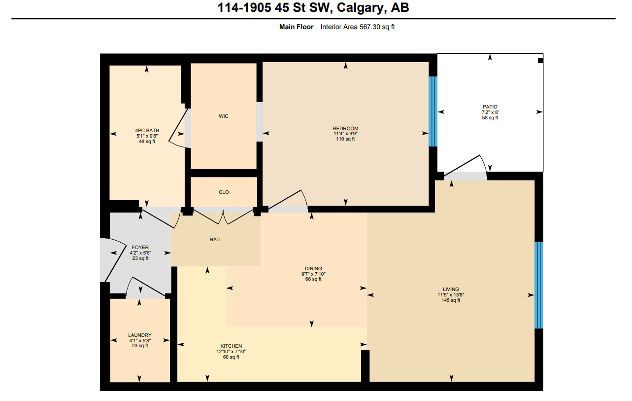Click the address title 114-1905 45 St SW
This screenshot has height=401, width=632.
coord(313,8)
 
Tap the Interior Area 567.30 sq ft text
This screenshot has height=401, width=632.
coord(357,27)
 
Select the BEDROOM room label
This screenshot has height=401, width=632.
coord(345,129)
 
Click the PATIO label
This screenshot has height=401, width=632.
coord(490,107)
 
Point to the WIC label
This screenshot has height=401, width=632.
coord(224,116)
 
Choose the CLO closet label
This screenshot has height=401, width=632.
coord(224,192)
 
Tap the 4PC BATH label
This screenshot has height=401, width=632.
coord(147,131)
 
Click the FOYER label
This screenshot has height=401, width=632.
coord(140,248)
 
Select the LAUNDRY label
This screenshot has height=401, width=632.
coord(140,335)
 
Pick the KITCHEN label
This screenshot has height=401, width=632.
coord(231,346)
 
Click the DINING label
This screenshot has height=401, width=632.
coord(313,269)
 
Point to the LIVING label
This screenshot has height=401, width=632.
coord(450,290)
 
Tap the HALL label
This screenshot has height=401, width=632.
coord(216,240)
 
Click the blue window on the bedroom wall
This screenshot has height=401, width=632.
coord(432,111)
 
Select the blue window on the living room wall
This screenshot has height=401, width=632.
coord(539,285)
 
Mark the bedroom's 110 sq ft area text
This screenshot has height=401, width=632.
coord(345,139)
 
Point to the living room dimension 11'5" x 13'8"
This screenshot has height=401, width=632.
coord(450,295)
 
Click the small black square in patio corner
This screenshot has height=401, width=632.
coord(540,61)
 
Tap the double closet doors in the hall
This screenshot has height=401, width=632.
coord(223,218)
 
